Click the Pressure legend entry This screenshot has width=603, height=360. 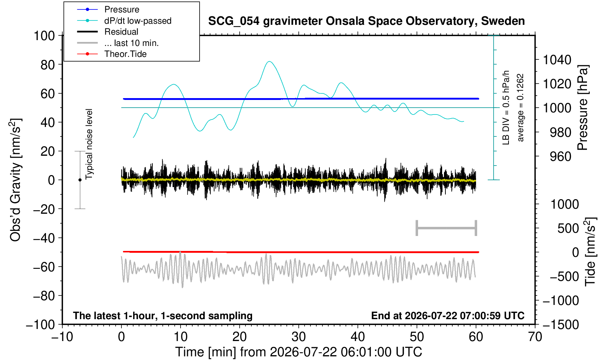coord(108,9)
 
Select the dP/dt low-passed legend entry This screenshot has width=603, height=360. coord(124,21)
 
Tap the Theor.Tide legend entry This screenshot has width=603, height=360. coord(112,54)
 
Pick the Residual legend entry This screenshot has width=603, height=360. coord(108,32)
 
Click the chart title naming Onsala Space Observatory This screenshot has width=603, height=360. coord(366,21)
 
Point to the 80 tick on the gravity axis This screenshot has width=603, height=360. coord(48,65)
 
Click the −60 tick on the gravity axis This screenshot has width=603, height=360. coord(44,267)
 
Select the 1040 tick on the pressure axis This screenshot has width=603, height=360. coord(557,60)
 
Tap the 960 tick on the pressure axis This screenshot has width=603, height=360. coord(560,156)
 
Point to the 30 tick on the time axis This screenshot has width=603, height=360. coord(298,337)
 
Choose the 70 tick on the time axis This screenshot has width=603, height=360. coord(535,337)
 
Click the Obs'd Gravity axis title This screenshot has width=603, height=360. coord(15,180)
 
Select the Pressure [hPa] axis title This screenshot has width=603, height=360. coord(583,108)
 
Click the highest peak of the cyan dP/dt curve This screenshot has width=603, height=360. coord(269,61)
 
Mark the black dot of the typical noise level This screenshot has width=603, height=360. coord(80,180)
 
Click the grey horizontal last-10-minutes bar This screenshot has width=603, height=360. coord(447,228)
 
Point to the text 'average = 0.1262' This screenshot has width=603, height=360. coord(521,108)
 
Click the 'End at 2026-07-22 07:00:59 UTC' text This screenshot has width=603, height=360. coord(448,316)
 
